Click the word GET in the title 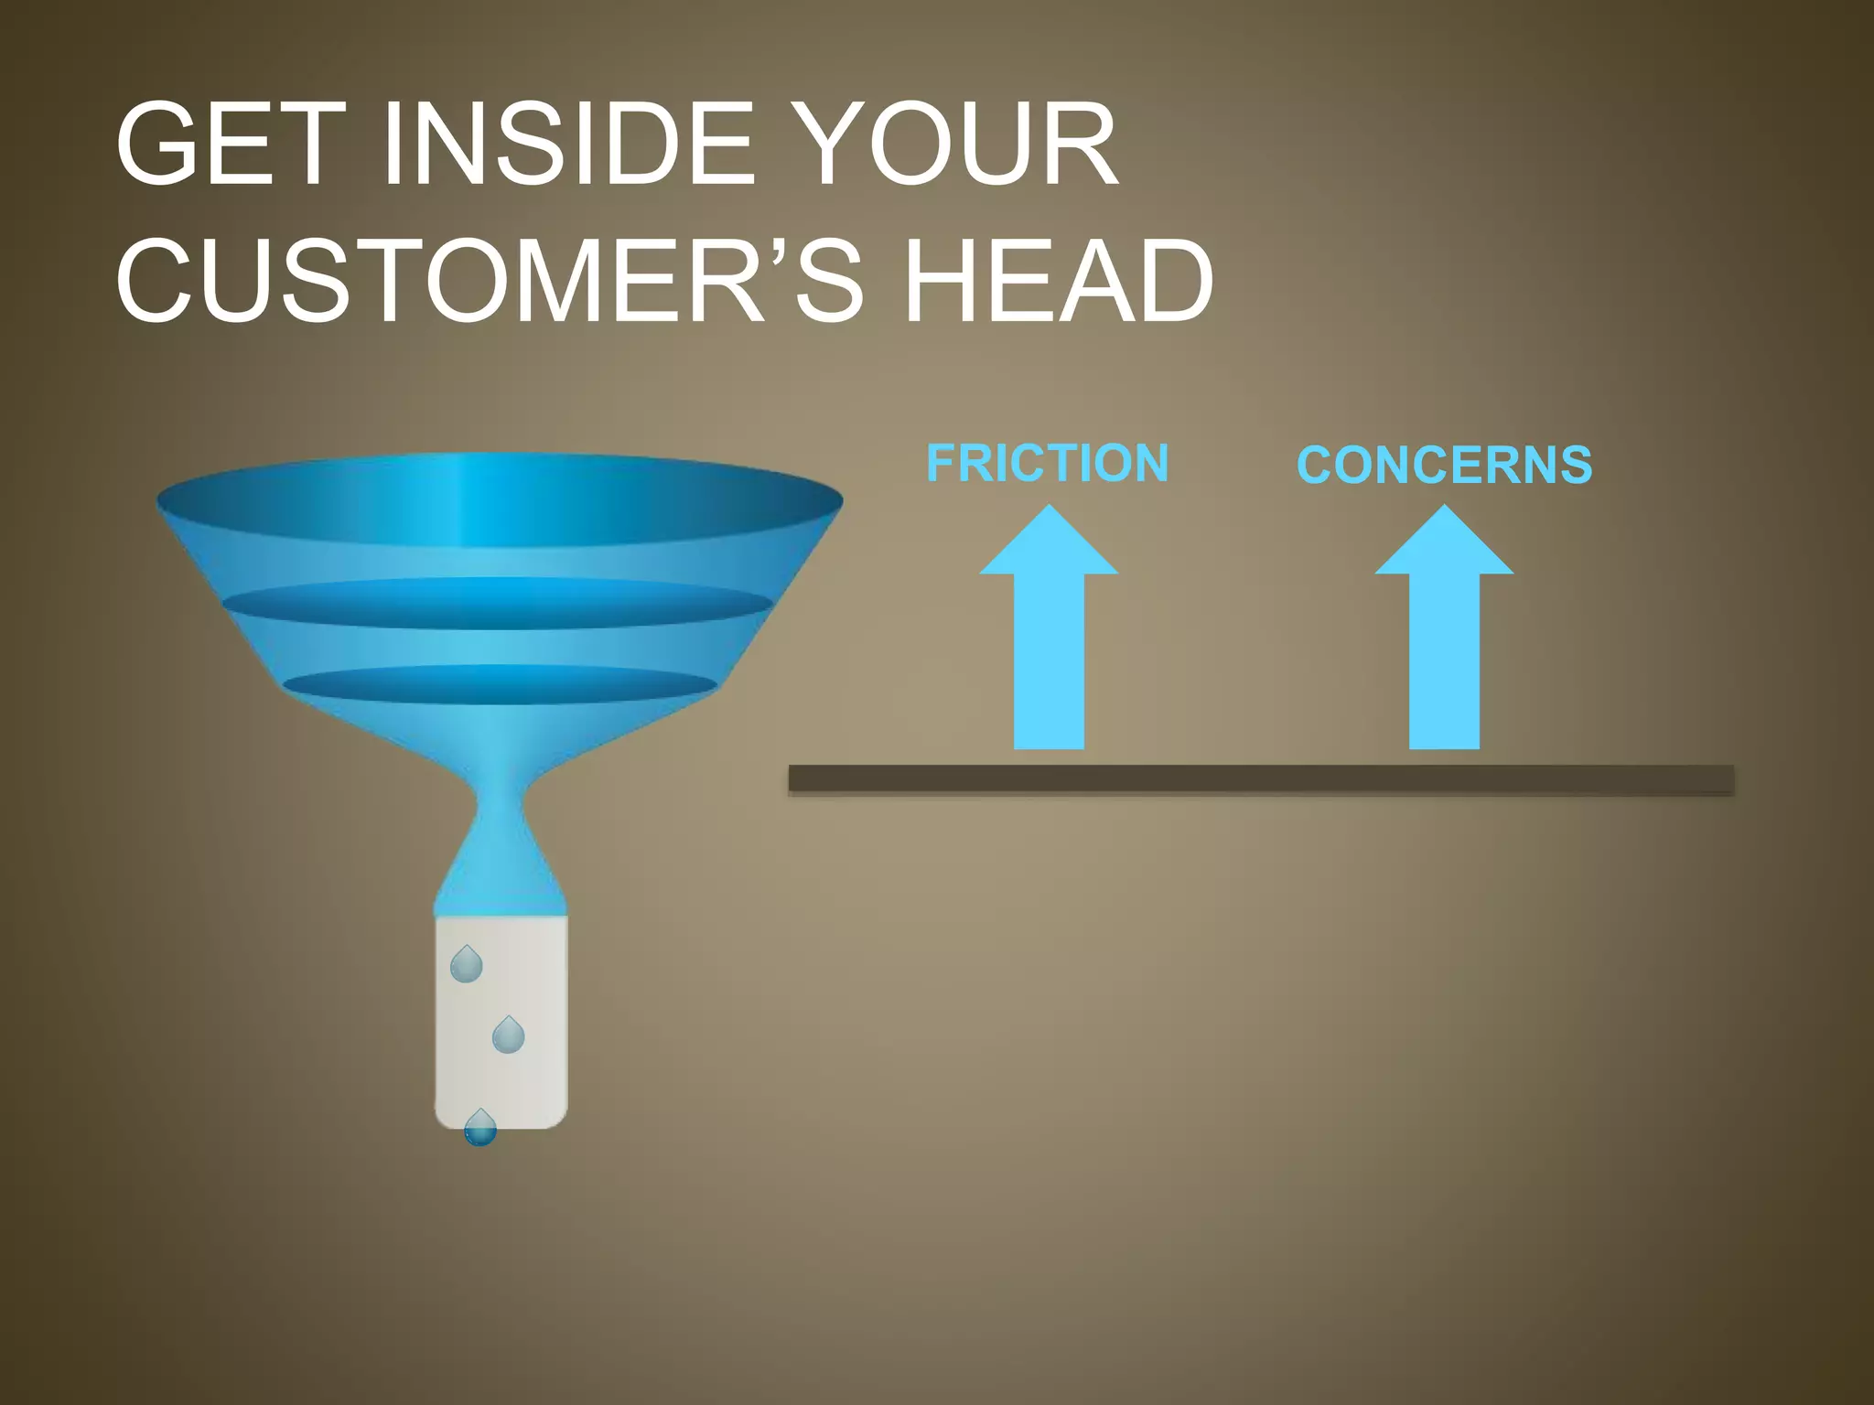click(232, 145)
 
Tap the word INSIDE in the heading click(567, 145)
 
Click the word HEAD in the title click(1058, 281)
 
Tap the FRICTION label click(1048, 463)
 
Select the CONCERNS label click(1445, 465)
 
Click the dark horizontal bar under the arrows click(1261, 779)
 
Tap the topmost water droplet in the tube click(467, 965)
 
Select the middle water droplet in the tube click(508, 1035)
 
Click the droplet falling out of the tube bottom click(480, 1129)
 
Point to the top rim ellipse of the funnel click(500, 499)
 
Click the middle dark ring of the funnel click(498, 604)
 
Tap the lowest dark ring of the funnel click(500, 684)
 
